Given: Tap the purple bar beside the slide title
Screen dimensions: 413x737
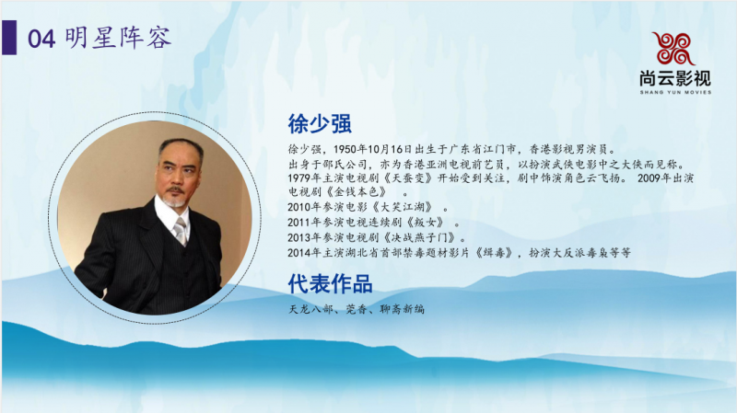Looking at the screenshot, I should pos(10,39).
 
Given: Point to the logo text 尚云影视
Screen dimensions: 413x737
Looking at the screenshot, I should pos(674,79).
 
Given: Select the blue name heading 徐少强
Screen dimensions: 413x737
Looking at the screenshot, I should pos(322,123).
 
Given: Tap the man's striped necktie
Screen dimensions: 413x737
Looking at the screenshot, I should pos(181,230).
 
